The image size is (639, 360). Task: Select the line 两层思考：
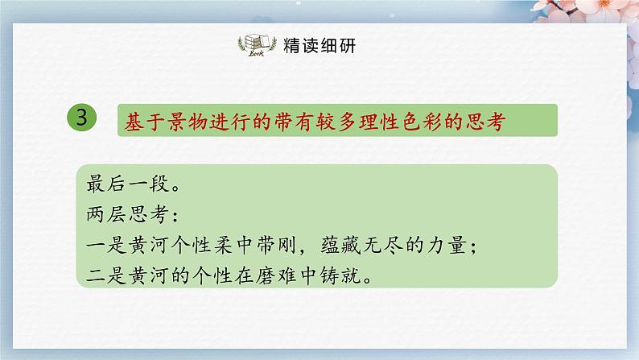click(135, 215)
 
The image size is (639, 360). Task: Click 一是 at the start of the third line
click(105, 246)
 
